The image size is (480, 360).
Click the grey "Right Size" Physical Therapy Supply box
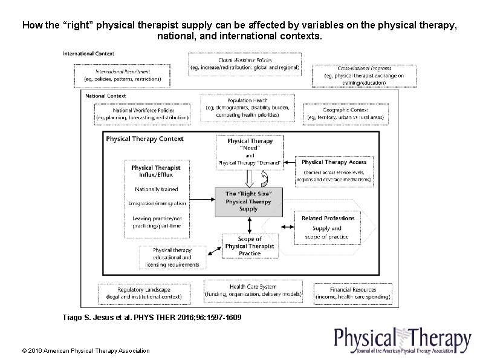click(248, 201)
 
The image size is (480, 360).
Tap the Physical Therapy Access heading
click(334, 162)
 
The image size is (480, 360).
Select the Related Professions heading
click(328, 218)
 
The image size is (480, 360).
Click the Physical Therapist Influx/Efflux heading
click(156, 171)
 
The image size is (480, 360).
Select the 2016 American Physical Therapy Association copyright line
click(85, 350)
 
